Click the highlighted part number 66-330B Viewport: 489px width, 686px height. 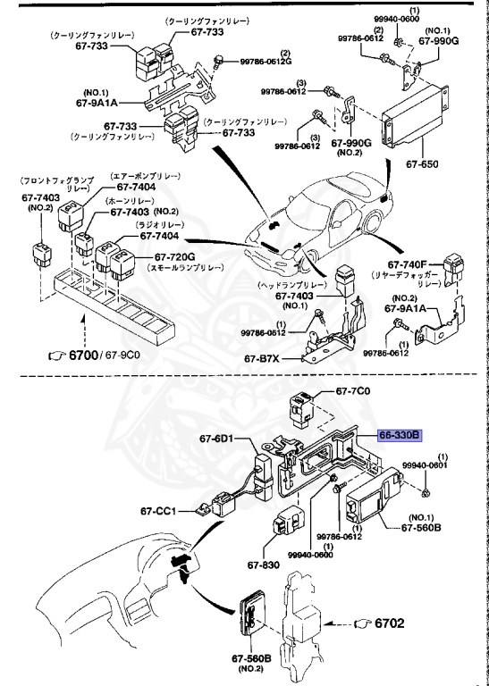(401, 435)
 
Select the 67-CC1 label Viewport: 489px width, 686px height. (160, 512)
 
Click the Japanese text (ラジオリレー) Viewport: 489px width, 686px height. (161, 225)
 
